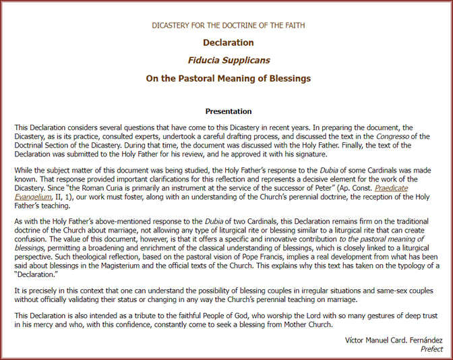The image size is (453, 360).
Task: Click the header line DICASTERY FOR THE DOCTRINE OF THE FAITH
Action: click(x=228, y=26)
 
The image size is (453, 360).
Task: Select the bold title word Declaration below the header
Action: click(x=228, y=42)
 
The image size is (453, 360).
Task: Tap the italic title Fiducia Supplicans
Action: click(x=228, y=60)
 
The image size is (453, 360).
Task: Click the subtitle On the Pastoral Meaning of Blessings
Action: click(x=228, y=78)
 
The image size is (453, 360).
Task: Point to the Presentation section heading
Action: click(x=228, y=111)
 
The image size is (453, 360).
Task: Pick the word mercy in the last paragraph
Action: click(x=38, y=324)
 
